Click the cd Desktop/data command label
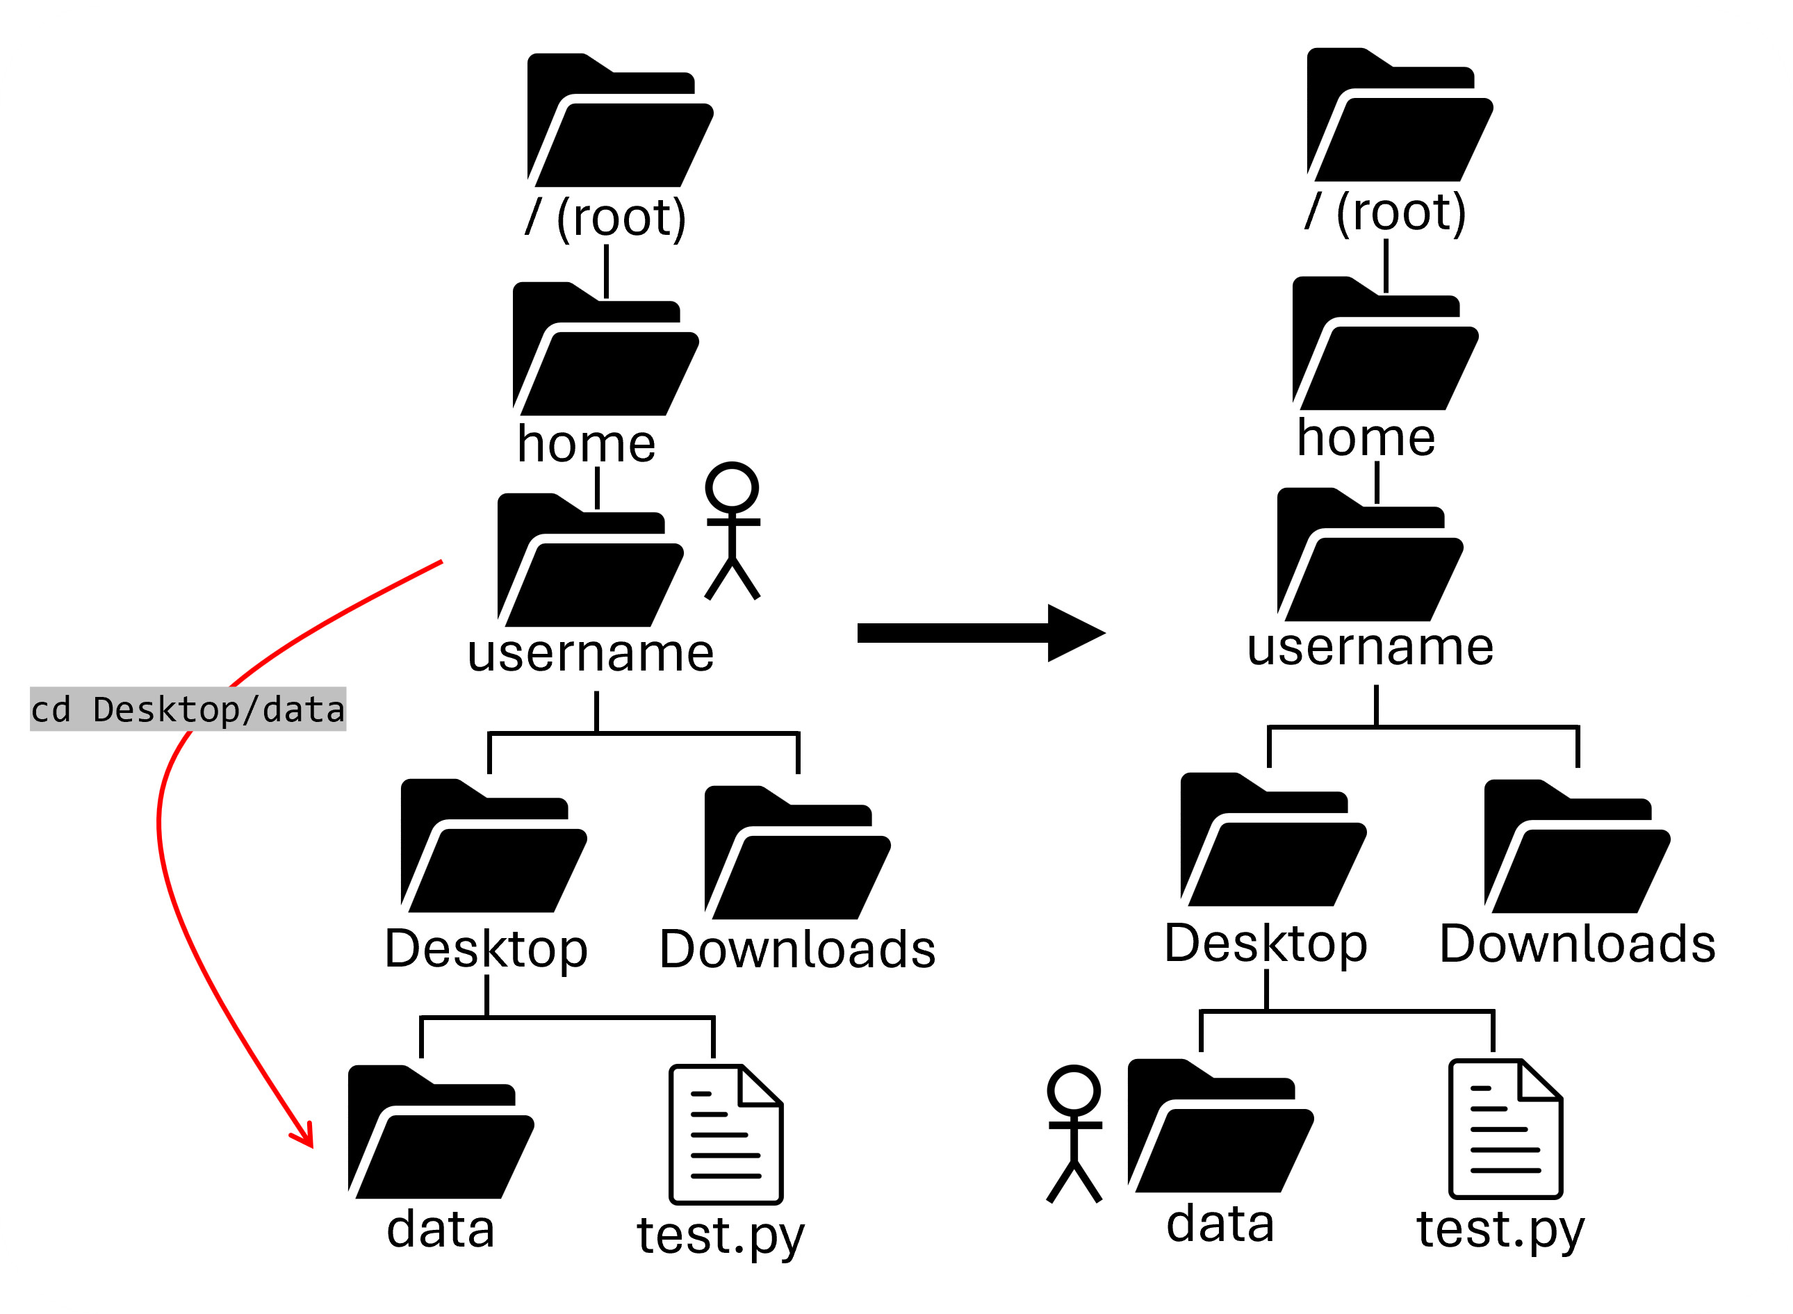click(x=188, y=709)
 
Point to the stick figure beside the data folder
click(x=1074, y=1133)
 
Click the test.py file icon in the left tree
click(x=726, y=1134)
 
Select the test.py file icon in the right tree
click(x=1505, y=1128)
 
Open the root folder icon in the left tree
click(x=619, y=122)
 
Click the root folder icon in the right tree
click(x=1398, y=116)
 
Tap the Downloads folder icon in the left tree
click(x=796, y=853)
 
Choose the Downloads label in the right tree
click(x=1577, y=944)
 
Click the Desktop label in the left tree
click(x=486, y=950)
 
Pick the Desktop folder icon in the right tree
click(x=1272, y=841)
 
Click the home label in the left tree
click(x=587, y=444)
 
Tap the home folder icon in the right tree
click(x=1384, y=345)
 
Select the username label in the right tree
click(x=1370, y=647)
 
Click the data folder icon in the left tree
click(x=440, y=1133)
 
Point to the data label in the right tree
click(x=1220, y=1224)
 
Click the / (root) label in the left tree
click(x=606, y=216)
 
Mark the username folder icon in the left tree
click(x=589, y=561)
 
